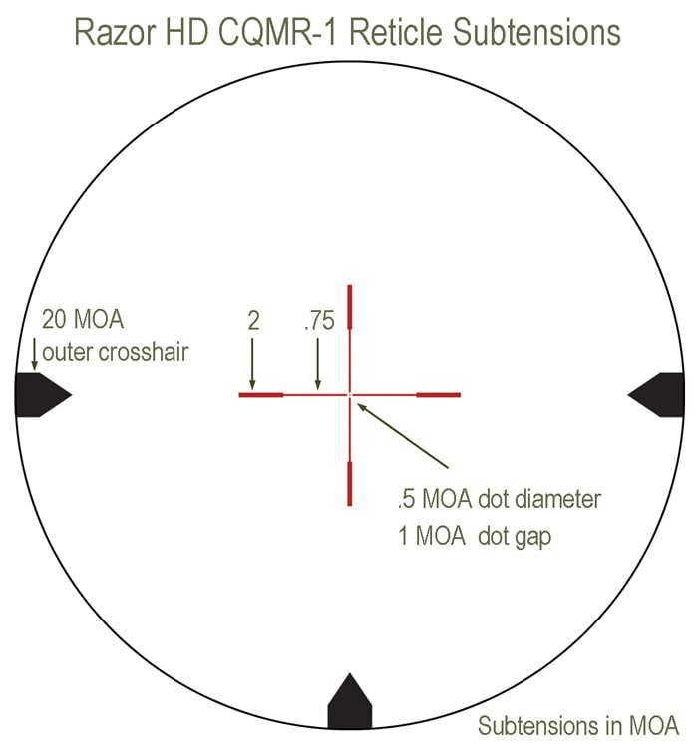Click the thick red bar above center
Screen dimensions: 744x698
(349, 308)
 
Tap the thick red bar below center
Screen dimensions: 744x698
(349, 482)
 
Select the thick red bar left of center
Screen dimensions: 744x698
(261, 395)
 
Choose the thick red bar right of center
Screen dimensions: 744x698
(437, 395)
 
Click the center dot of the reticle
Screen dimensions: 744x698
(350, 395)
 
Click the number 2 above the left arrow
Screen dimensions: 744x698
(253, 321)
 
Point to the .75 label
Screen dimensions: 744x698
(318, 321)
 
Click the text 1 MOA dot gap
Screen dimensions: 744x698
(475, 534)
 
